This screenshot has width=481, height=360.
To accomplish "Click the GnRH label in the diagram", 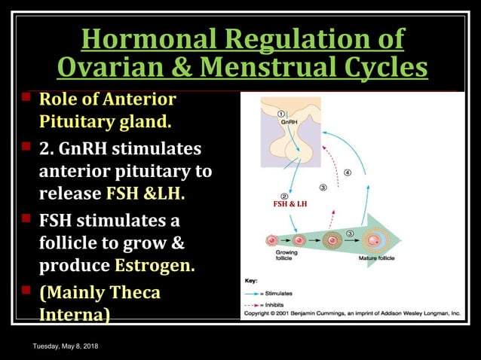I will [288, 121].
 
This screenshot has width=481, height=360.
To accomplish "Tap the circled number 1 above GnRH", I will [280, 113].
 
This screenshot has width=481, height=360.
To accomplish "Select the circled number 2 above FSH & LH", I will [284, 194].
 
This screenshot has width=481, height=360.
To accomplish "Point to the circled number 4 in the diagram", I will [347, 172].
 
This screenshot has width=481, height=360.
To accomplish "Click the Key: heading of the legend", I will [251, 280].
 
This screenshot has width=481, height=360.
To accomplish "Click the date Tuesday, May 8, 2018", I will [65, 346].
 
